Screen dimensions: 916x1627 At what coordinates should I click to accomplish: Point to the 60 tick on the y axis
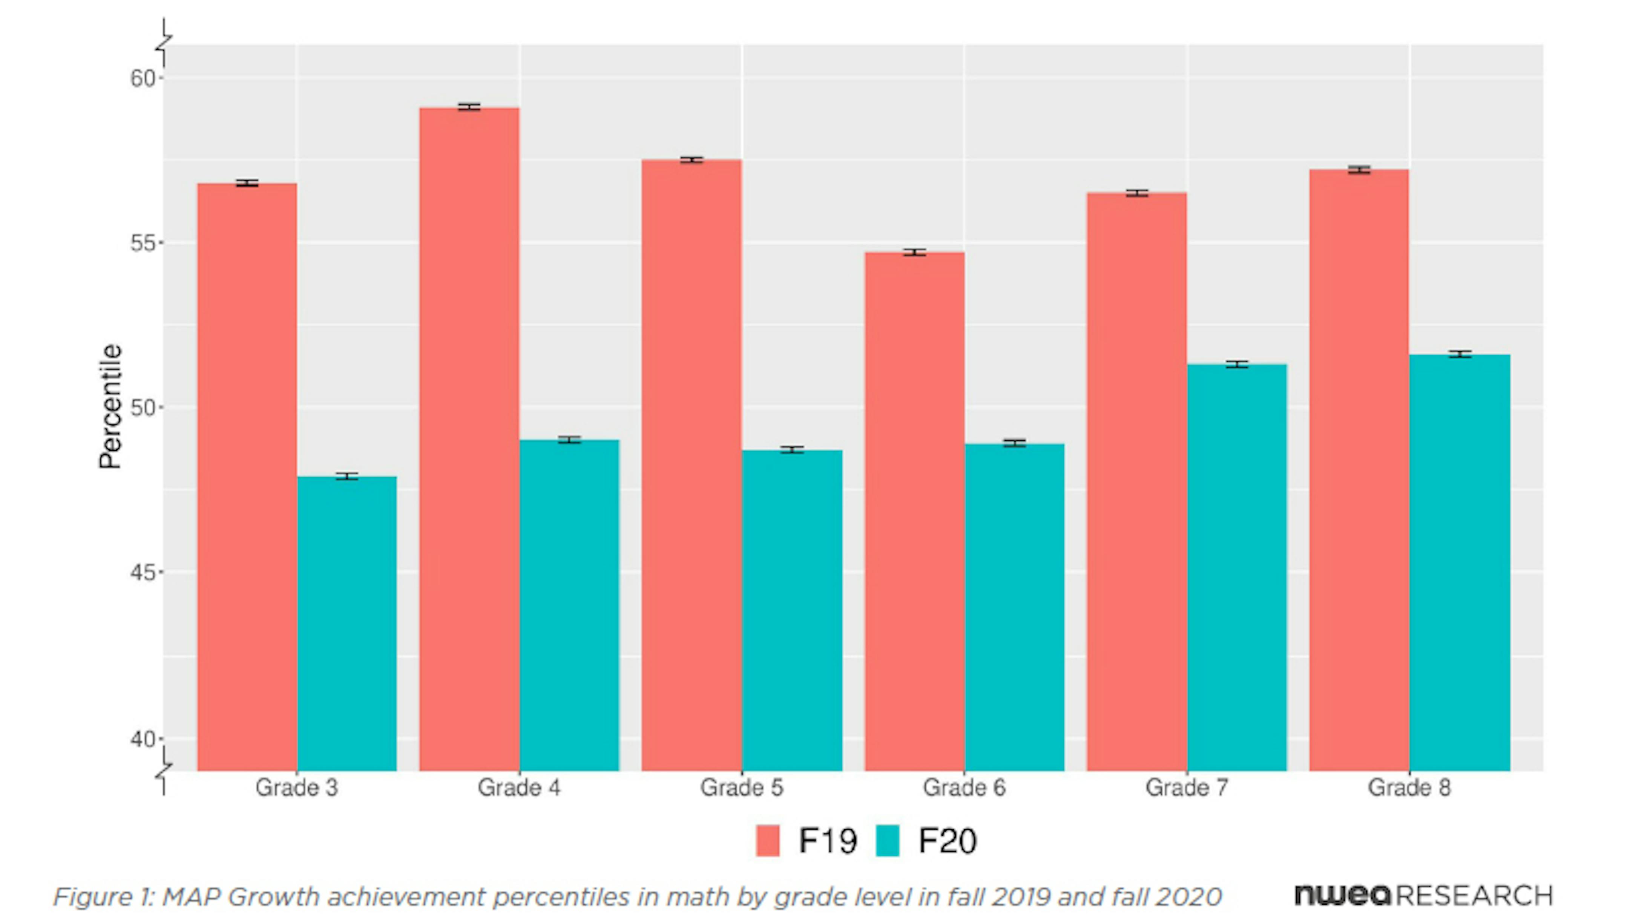143,78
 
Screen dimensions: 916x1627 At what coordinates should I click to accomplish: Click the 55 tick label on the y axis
143,243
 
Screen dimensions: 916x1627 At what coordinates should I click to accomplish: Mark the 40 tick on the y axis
143,738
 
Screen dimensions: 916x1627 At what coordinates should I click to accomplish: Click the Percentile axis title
110,406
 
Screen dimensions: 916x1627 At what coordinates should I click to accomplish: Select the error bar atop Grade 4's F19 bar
469,107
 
